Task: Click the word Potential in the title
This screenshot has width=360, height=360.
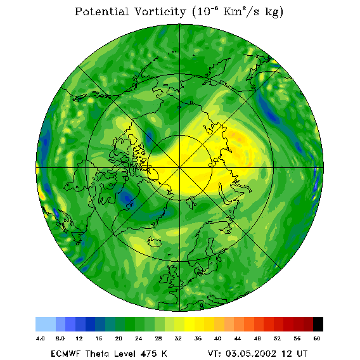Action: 101,11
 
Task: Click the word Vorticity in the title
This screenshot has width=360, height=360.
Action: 160,11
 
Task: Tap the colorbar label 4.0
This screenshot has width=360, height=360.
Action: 41,338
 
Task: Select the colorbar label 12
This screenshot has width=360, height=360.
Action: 79,338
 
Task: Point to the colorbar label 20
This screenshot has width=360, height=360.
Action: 119,338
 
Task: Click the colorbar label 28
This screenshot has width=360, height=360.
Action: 158,338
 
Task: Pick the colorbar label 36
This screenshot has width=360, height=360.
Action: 198,338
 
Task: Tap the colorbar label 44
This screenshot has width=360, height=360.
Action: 238,338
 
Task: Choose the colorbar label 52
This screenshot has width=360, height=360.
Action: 277,338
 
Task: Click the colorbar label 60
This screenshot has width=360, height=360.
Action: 317,338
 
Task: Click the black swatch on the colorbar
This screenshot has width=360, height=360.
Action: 318,324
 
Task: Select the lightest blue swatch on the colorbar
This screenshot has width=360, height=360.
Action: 46,324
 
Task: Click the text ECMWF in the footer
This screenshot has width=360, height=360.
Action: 66,354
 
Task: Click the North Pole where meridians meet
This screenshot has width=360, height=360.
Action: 180,168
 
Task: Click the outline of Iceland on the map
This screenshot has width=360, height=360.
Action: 154,241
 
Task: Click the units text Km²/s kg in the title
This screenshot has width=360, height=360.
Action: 253,11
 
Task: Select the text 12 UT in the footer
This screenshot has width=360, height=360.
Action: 294,354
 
